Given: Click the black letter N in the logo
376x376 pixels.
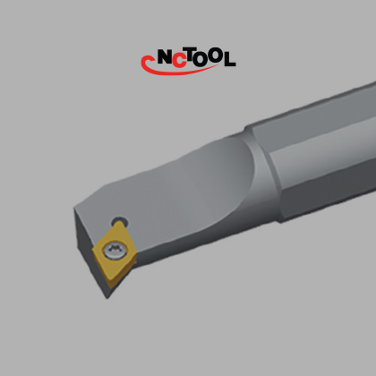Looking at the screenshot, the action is pos(165,56).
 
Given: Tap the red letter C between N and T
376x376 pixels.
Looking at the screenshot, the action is pos(179,60).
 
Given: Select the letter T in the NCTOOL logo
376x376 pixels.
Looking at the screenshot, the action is pos(192,56).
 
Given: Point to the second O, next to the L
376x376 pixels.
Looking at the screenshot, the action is pos(216,56).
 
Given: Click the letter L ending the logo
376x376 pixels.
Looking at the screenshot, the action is pos(229,59).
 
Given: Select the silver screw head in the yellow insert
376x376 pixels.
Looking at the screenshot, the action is pos(115,251).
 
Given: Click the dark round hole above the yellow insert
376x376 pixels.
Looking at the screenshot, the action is pos(120,222).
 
